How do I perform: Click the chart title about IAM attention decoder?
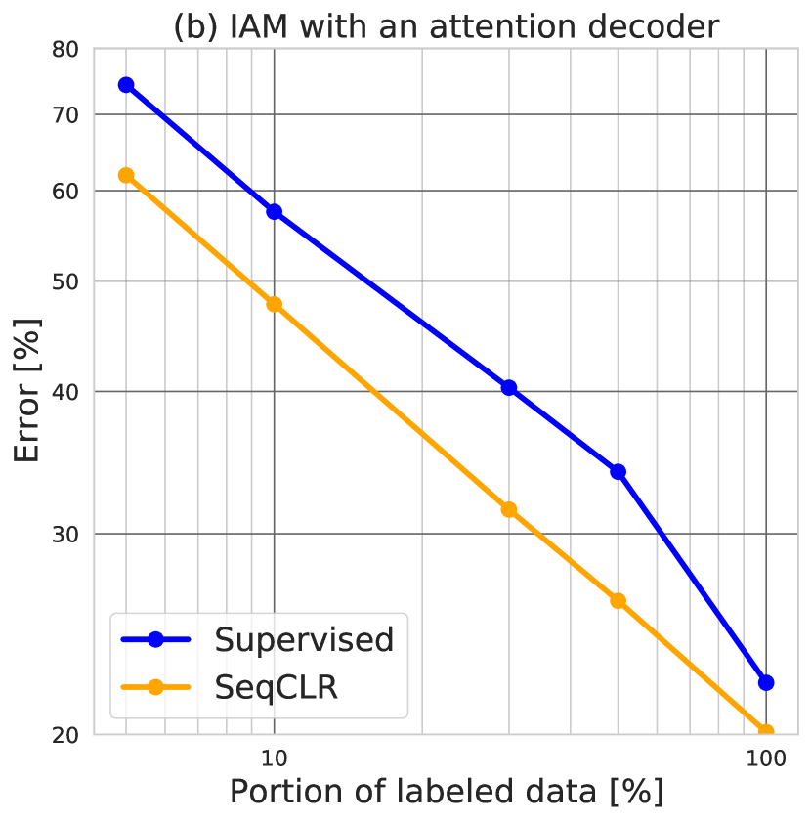[x=446, y=25]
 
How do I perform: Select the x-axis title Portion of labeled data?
[x=446, y=791]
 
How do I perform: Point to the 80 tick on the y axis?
[x=64, y=49]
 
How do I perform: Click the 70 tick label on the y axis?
[x=64, y=115]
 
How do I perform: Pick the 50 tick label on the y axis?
[x=64, y=281]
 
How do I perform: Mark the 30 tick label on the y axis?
[x=64, y=535]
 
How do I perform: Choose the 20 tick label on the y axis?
[x=64, y=735]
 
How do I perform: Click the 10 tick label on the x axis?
[x=274, y=758]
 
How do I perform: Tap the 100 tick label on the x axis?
[x=766, y=758]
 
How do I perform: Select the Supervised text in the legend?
[x=304, y=639]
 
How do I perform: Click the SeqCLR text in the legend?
[x=277, y=687]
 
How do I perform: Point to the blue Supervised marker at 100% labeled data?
[x=766, y=682]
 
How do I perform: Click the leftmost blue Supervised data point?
[x=125, y=85]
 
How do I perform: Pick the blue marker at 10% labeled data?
[x=274, y=212]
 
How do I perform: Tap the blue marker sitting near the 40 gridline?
[x=508, y=388]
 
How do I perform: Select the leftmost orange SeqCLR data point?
[x=125, y=175]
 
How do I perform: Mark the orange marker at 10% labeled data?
[x=274, y=304]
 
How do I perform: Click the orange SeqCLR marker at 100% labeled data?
[x=766, y=732]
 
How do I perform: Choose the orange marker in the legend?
[x=155, y=687]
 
